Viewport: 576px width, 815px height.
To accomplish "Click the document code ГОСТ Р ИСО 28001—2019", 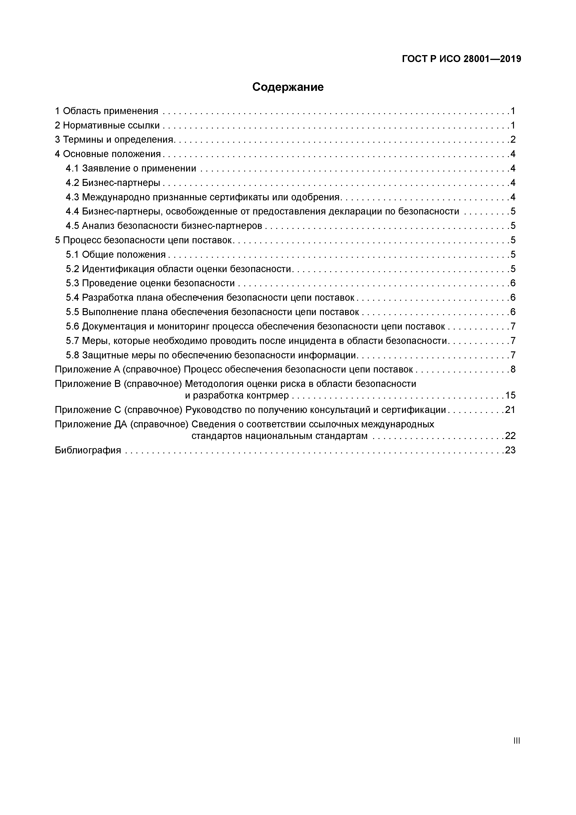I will pos(461,59).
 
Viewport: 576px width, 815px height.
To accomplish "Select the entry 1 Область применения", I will pos(106,111).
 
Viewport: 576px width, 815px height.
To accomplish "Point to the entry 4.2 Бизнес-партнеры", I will pos(113,183).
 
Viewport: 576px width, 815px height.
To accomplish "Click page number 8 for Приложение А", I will pos(513,370).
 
